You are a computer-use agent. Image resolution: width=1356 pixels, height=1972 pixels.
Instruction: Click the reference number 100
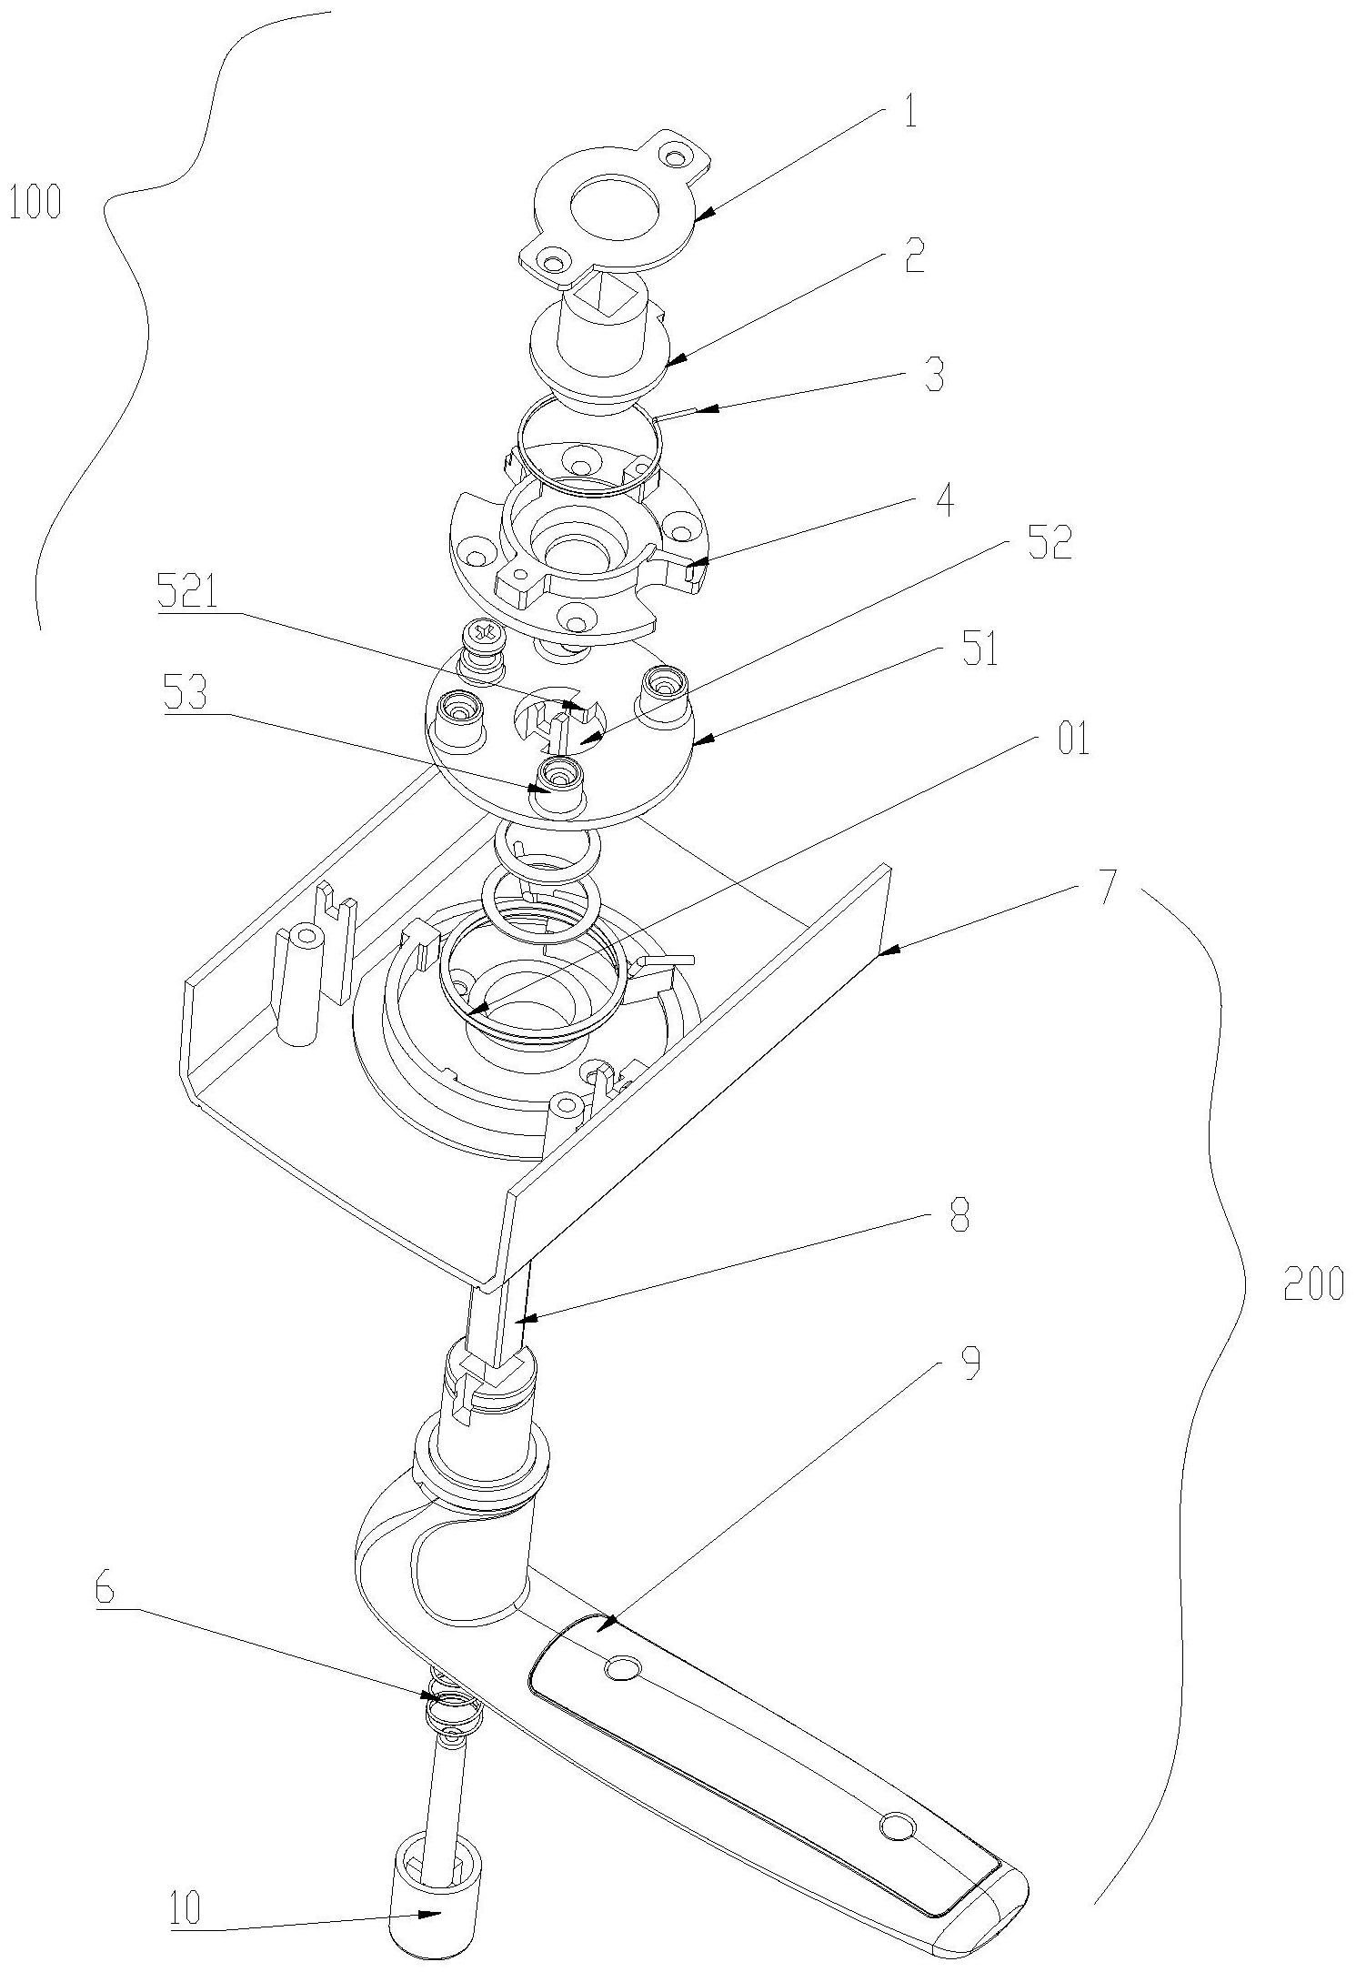tap(35, 202)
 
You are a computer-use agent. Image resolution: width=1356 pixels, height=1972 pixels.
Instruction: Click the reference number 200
tap(1312, 1283)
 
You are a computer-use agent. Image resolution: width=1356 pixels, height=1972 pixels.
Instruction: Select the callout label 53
tap(186, 696)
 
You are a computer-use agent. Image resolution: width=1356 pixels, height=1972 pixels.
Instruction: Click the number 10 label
tap(186, 1907)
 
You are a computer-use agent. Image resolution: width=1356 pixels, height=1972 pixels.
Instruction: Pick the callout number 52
tap(1050, 544)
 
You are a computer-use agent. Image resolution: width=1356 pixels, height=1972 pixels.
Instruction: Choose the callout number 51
tap(979, 650)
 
